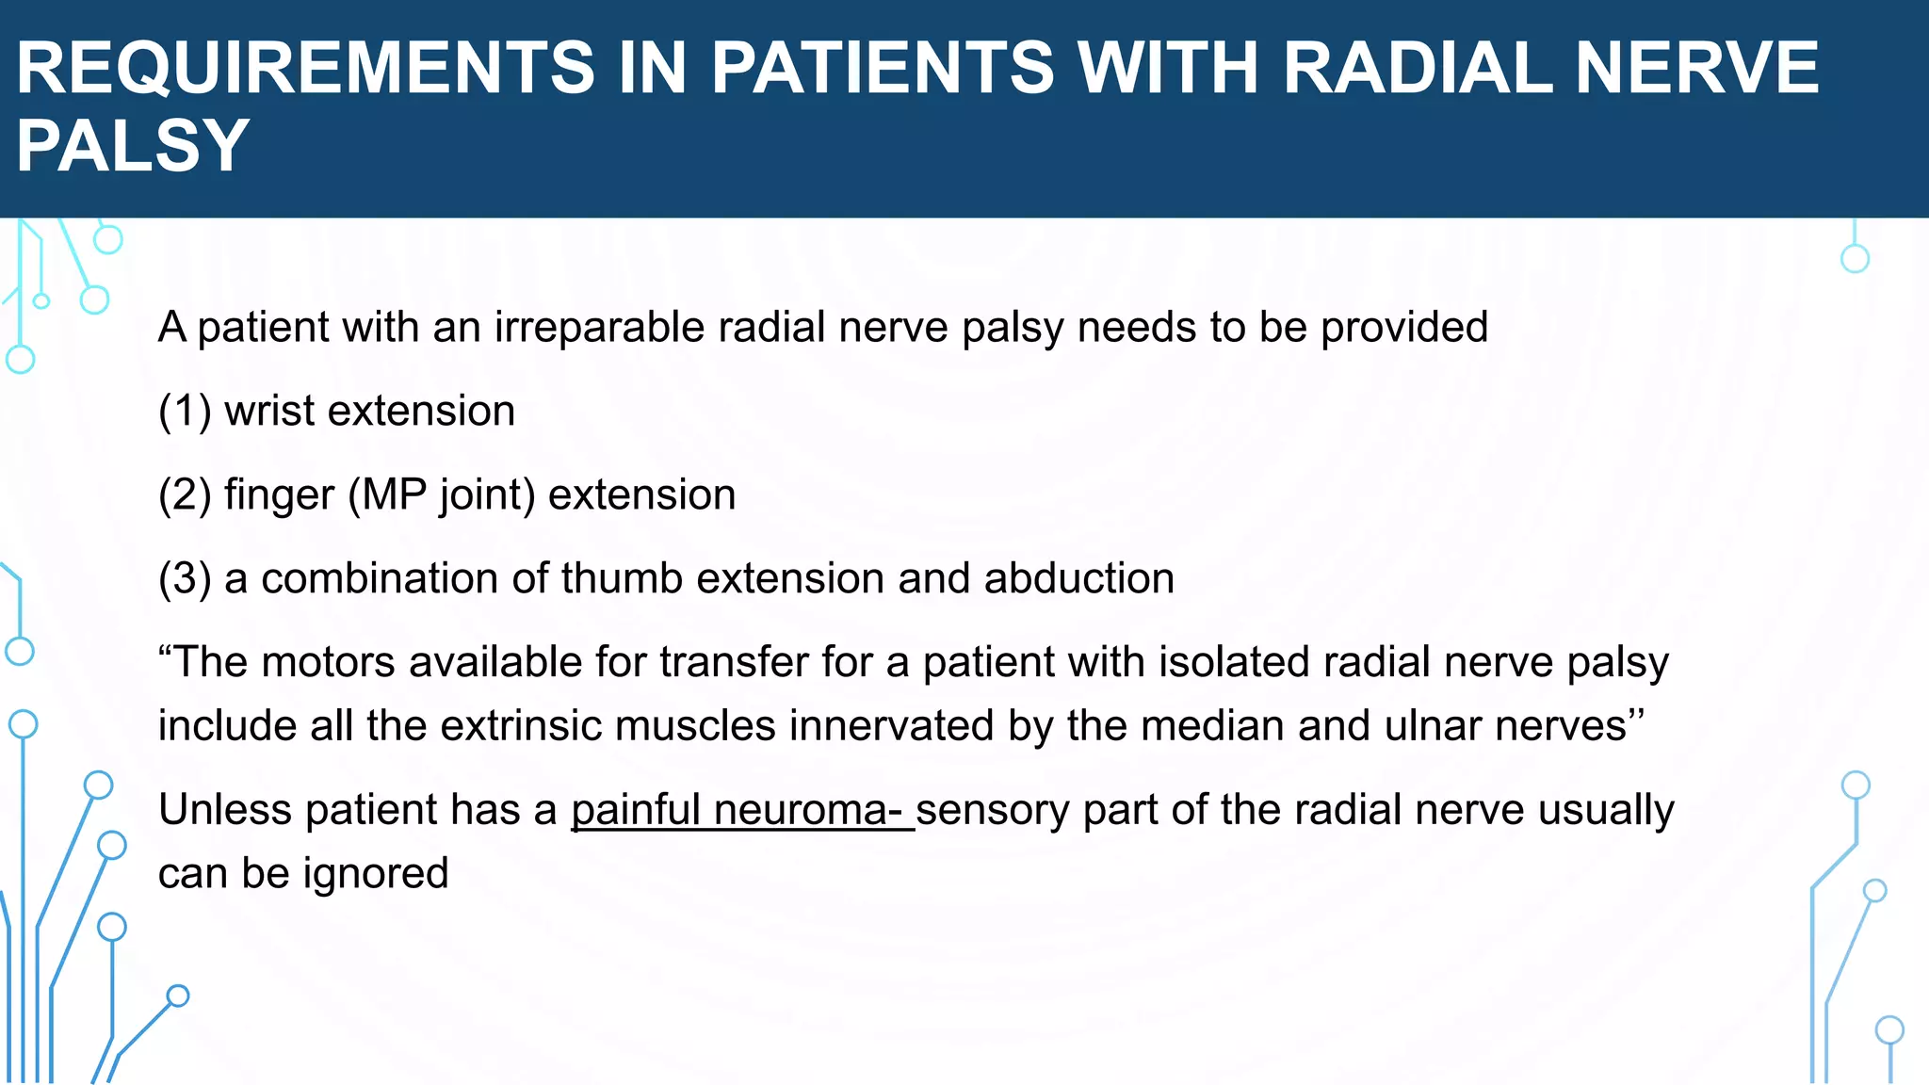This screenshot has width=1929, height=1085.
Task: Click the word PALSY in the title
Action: (x=132, y=146)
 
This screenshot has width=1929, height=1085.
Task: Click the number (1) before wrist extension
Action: (x=185, y=412)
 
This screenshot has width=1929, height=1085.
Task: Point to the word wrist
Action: (x=268, y=412)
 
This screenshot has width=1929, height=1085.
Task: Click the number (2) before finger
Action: (x=185, y=495)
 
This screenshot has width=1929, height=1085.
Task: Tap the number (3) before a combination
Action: (x=185, y=579)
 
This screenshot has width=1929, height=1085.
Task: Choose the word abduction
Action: (x=1079, y=579)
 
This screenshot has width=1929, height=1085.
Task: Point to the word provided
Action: (x=1403, y=329)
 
